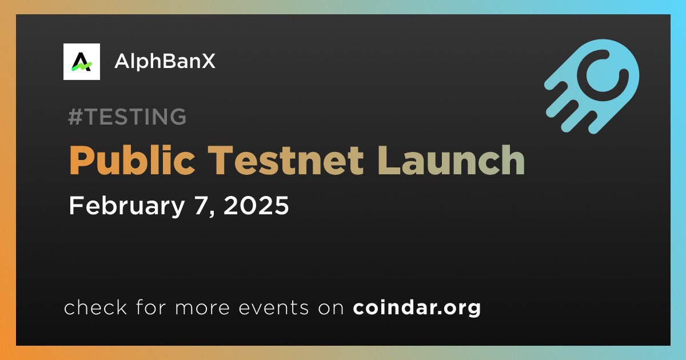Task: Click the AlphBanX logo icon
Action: click(x=81, y=62)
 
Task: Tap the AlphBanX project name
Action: click(x=165, y=61)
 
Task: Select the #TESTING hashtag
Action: click(x=127, y=117)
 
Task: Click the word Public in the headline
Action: click(x=132, y=160)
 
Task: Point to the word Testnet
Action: click(x=286, y=160)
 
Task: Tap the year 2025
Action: click(x=256, y=205)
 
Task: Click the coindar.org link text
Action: click(x=417, y=307)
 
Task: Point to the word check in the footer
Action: click(x=95, y=307)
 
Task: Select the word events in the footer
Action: click(x=274, y=308)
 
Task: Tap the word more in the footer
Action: click(x=202, y=309)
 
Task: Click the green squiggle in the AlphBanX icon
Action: click(x=81, y=66)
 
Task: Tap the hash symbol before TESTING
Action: click(x=75, y=117)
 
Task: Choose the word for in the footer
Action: click(x=151, y=307)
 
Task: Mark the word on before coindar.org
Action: click(x=331, y=309)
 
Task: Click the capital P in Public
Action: click(x=80, y=160)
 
